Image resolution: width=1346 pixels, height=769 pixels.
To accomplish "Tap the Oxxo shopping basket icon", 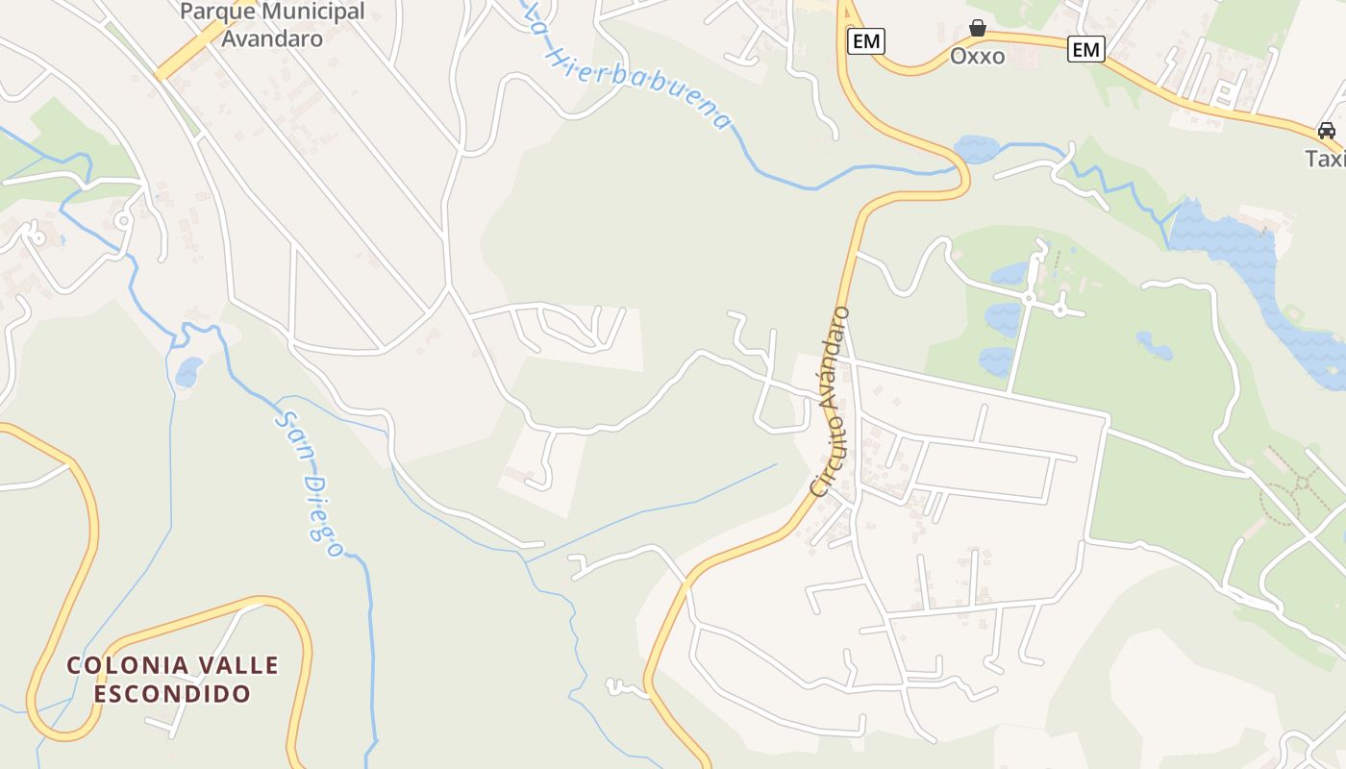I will pos(978,28).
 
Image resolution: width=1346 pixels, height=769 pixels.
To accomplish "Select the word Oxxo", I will pos(978,56).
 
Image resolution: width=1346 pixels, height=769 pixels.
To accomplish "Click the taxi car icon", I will pos(1327,130).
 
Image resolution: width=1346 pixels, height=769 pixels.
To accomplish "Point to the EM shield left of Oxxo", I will pos(866,41).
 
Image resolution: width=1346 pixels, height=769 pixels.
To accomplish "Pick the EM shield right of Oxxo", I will pos(1086,49).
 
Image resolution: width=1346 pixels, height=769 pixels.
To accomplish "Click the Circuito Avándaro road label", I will pos(832,402).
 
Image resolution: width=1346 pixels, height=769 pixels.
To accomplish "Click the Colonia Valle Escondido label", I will pos(173,679).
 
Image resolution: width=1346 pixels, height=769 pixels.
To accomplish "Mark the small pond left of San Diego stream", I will pos(188,370).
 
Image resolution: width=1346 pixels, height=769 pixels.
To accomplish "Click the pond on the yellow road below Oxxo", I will pos(977,149).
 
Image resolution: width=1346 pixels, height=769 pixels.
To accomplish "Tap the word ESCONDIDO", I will pos(173,693).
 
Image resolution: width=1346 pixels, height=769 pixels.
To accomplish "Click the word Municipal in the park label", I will pos(306,12).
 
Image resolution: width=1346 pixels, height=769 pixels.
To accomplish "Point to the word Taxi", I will pos(1326,159).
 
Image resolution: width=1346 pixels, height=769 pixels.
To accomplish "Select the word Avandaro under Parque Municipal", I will pos(272,38).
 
